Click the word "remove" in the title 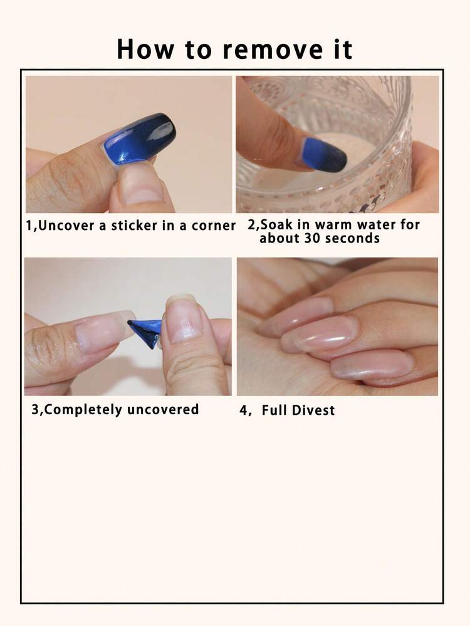pyautogui.click(x=273, y=50)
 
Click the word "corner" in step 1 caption pyautogui.click(x=214, y=226)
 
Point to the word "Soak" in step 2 pyautogui.click(x=277, y=224)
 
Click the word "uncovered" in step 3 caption pyautogui.click(x=162, y=410)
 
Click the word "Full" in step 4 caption pyautogui.click(x=274, y=410)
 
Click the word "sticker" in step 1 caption pyautogui.click(x=134, y=226)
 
